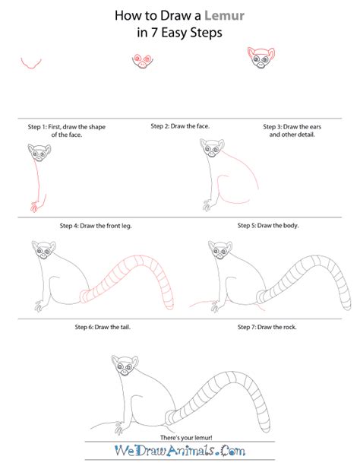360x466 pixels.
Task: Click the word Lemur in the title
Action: tap(216, 14)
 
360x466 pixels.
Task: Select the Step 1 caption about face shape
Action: tap(49, 130)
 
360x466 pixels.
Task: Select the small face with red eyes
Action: tap(142, 62)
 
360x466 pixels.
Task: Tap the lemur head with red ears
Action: tap(261, 57)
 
